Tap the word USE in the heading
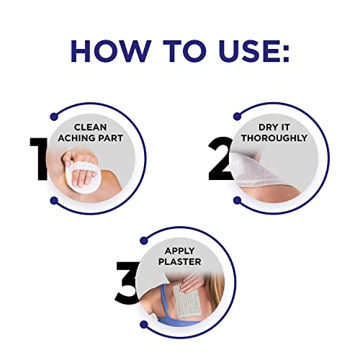click(246, 51)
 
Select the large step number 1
click(39, 158)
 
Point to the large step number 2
click(220, 158)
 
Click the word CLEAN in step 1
click(90, 127)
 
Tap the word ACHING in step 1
click(73, 138)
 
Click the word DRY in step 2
click(266, 127)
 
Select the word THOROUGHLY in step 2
click(274, 138)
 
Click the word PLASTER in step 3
click(180, 261)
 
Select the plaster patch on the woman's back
click(183, 302)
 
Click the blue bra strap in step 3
click(166, 302)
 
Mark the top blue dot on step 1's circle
click(54, 117)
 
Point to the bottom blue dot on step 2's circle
click(237, 200)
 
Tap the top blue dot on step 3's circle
click(143, 240)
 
